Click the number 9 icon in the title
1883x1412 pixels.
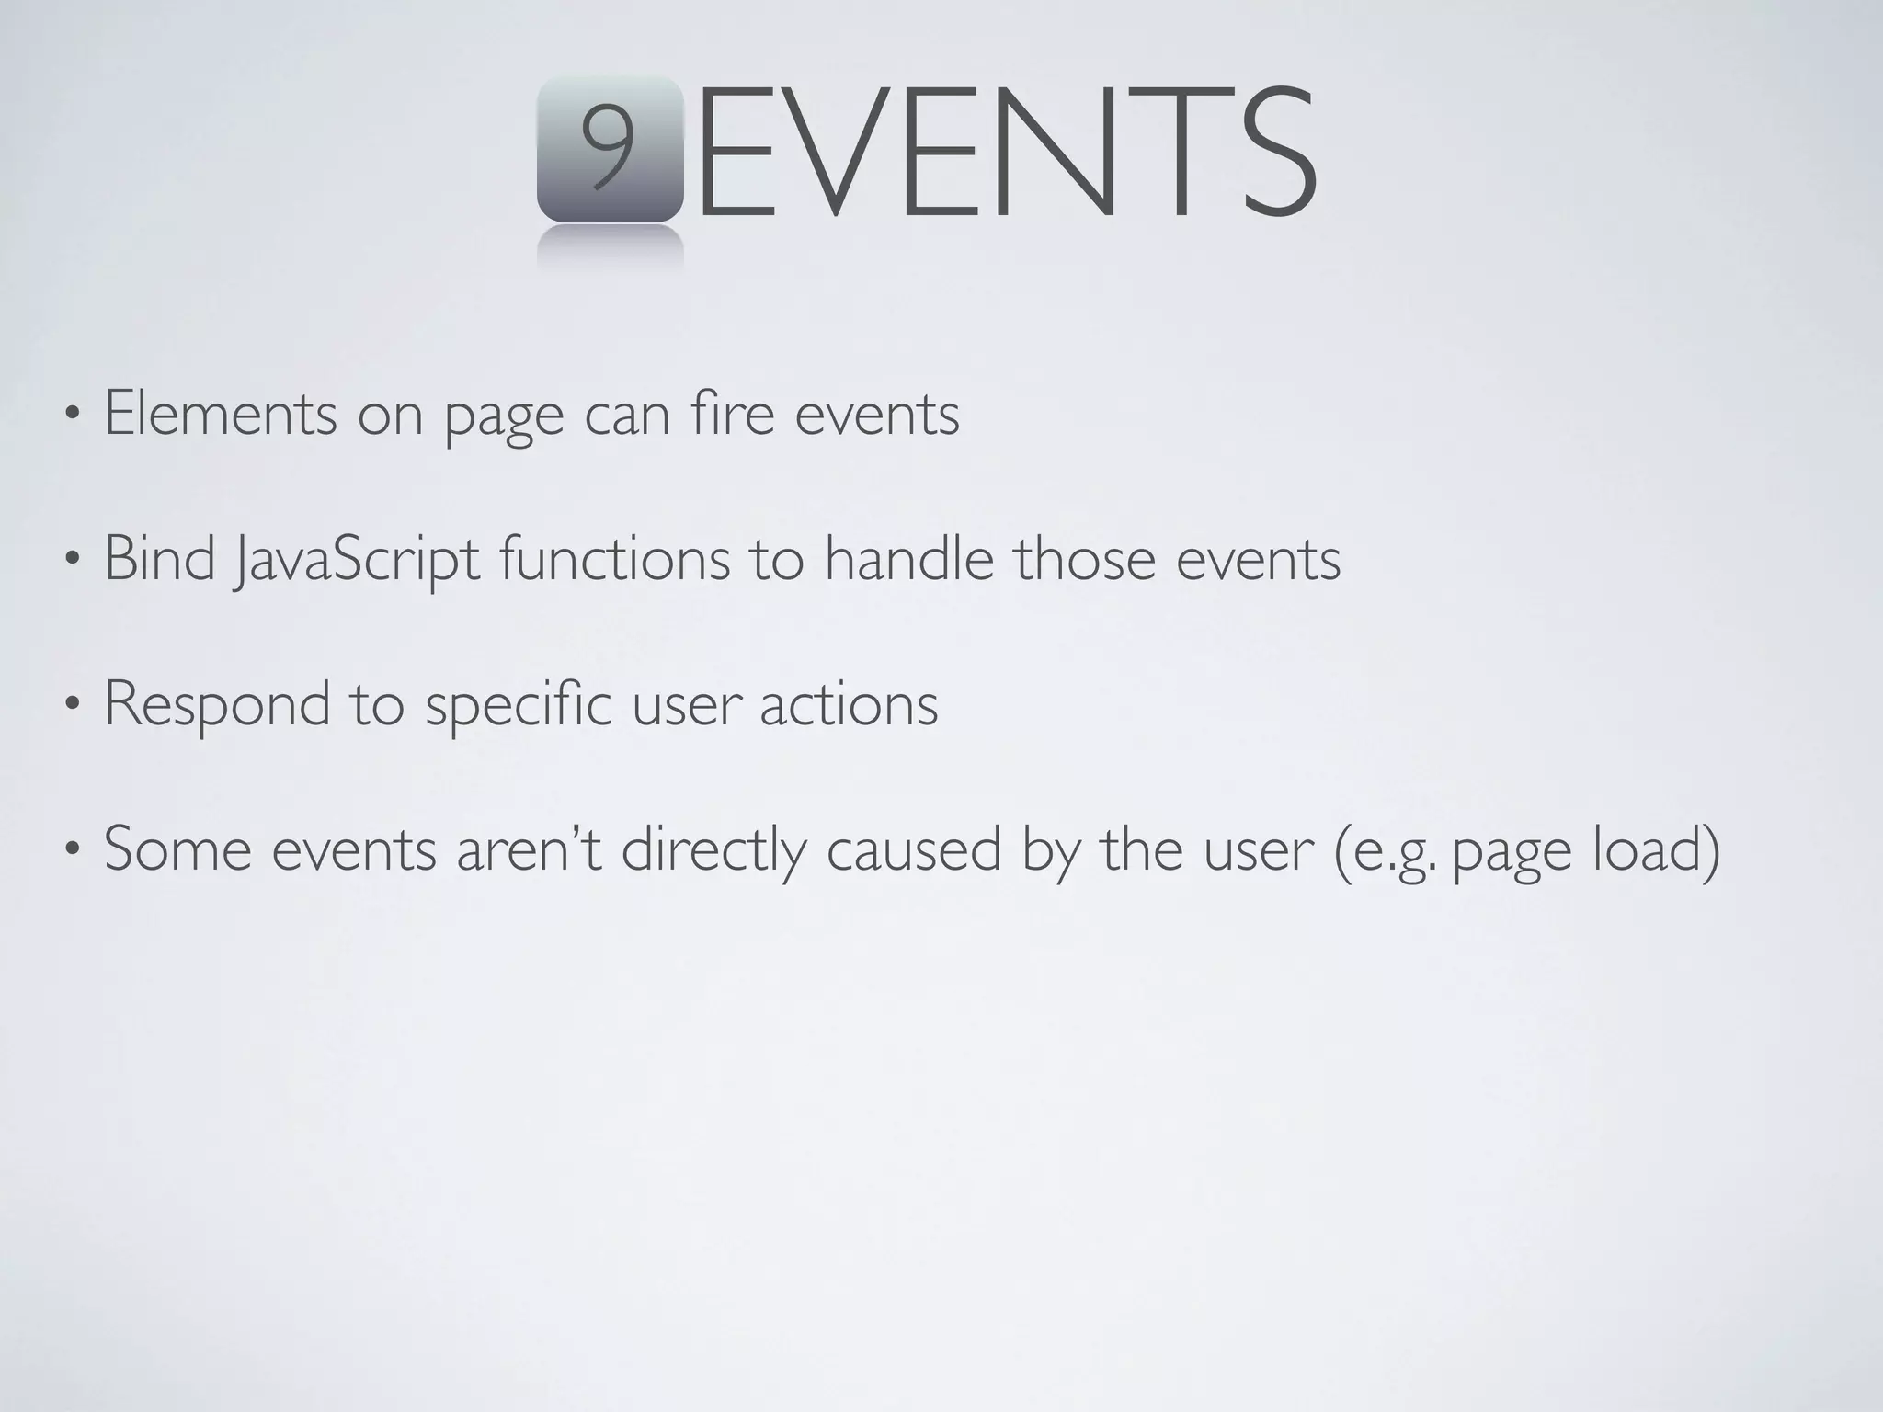(610, 150)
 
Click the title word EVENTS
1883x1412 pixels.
(1007, 152)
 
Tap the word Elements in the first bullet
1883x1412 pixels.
(221, 414)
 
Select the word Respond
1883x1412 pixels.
(217, 704)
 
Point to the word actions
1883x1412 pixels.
(848, 704)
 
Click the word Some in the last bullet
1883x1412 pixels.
(177, 848)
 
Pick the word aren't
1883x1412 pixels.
(529, 848)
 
